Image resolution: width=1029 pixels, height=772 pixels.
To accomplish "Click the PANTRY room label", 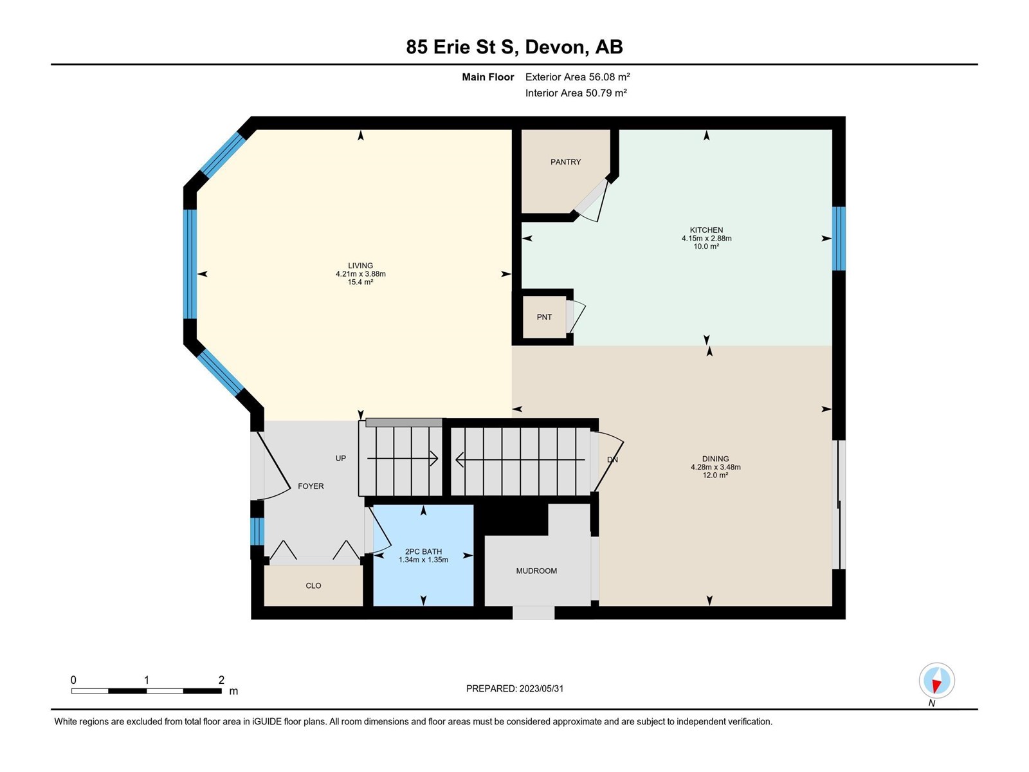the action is pyautogui.click(x=565, y=161).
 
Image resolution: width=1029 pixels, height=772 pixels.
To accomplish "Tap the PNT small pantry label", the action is pyautogui.click(x=544, y=317).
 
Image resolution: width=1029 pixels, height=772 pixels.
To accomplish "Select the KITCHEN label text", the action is pyautogui.click(x=706, y=230).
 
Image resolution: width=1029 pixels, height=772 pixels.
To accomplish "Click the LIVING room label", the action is pyautogui.click(x=360, y=265).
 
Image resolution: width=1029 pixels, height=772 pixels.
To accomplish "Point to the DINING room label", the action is pyautogui.click(x=715, y=459).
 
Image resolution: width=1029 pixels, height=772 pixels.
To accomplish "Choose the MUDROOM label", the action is pyautogui.click(x=536, y=571).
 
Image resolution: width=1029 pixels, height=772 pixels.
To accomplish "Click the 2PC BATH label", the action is pyautogui.click(x=423, y=551).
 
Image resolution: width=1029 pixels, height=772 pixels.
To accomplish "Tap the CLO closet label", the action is pyautogui.click(x=313, y=585).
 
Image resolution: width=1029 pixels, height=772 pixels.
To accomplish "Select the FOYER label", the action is pyautogui.click(x=311, y=486).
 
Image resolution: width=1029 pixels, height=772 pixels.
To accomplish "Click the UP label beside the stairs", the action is pyautogui.click(x=341, y=458).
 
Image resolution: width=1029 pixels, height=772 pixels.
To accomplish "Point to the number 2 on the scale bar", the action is pyautogui.click(x=221, y=679).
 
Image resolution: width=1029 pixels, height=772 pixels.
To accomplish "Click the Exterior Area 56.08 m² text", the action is pyautogui.click(x=578, y=77).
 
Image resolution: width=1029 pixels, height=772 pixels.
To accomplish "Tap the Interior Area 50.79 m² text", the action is pyautogui.click(x=576, y=93).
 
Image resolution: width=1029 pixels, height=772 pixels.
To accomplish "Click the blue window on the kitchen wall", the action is pyautogui.click(x=839, y=239).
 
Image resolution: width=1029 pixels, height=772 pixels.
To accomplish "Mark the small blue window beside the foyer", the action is pyautogui.click(x=257, y=531).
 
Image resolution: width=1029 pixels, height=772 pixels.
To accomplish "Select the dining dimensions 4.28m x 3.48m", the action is pyautogui.click(x=715, y=467).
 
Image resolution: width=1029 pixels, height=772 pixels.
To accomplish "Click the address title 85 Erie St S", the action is pyautogui.click(x=460, y=47).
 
